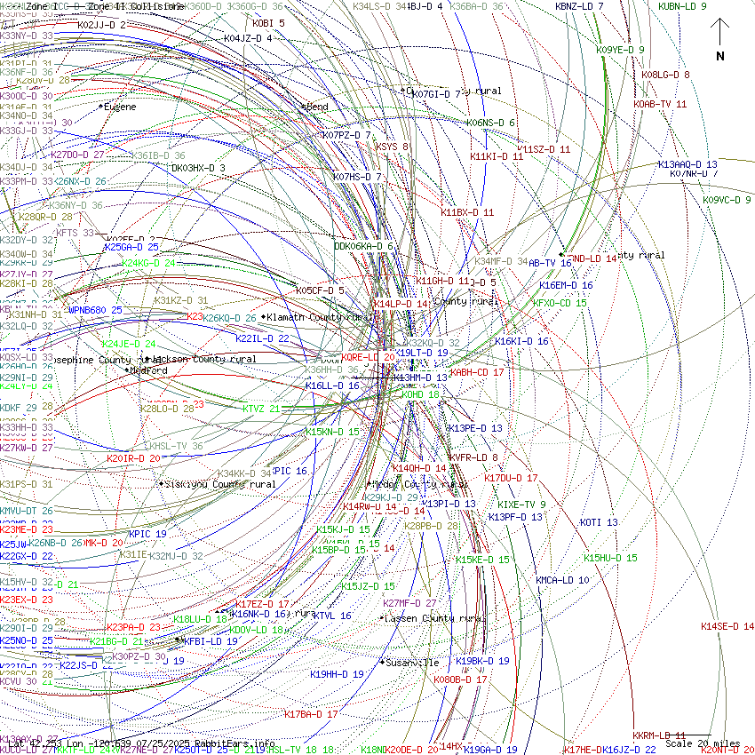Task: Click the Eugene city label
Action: pos(120,107)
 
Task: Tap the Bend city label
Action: pos(317,107)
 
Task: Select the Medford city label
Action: pos(148,370)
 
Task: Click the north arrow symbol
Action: pos(720,41)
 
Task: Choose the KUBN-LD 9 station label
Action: pos(682,6)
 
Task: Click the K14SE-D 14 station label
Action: pos(727,626)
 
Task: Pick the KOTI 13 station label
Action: pos(599,522)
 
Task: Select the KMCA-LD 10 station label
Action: pos(561,580)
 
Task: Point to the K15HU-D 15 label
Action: pos(610,558)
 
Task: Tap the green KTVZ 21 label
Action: pos(261,409)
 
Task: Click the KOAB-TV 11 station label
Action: pos(660,104)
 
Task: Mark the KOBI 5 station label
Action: pos(268,23)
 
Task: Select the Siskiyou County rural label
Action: pos(220,484)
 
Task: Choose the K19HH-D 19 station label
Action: pos(337,674)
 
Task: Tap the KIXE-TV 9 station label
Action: pos(521,505)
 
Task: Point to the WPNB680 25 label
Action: pos(95,310)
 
